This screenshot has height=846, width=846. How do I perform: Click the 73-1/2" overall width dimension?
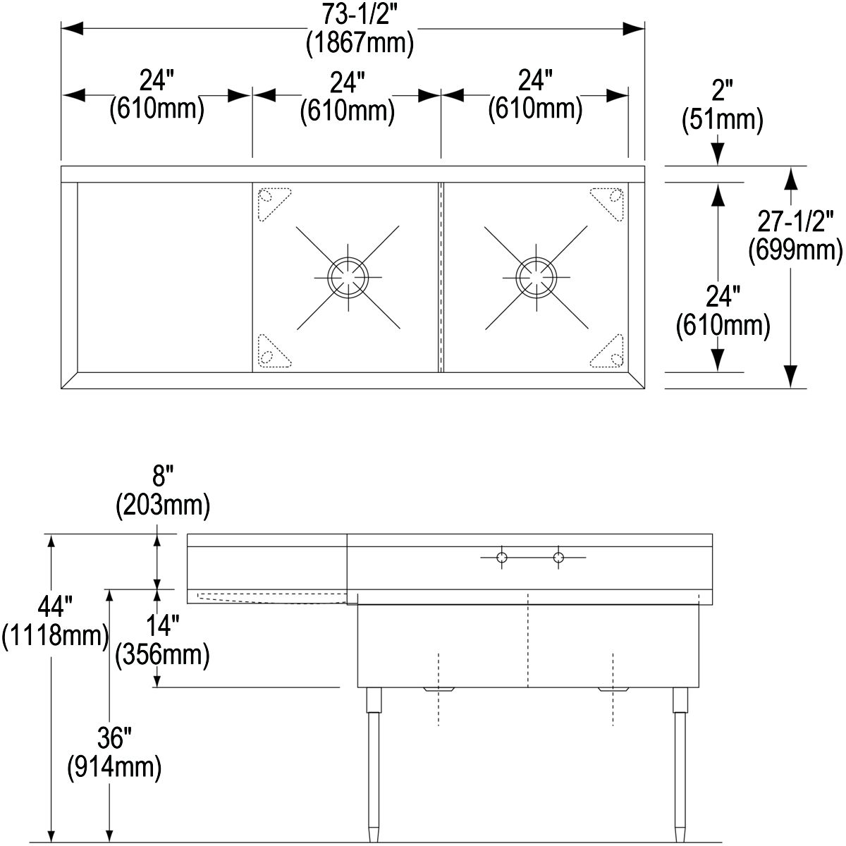coord(360,15)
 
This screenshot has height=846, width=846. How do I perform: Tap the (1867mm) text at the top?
coord(360,43)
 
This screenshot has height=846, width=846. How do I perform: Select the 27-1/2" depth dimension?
coord(795,221)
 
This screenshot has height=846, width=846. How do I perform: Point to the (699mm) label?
coord(795,250)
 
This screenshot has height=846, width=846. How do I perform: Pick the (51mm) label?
coord(722,119)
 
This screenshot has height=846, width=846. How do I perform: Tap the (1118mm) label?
coord(55,635)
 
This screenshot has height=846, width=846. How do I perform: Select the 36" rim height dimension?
coord(115,738)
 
